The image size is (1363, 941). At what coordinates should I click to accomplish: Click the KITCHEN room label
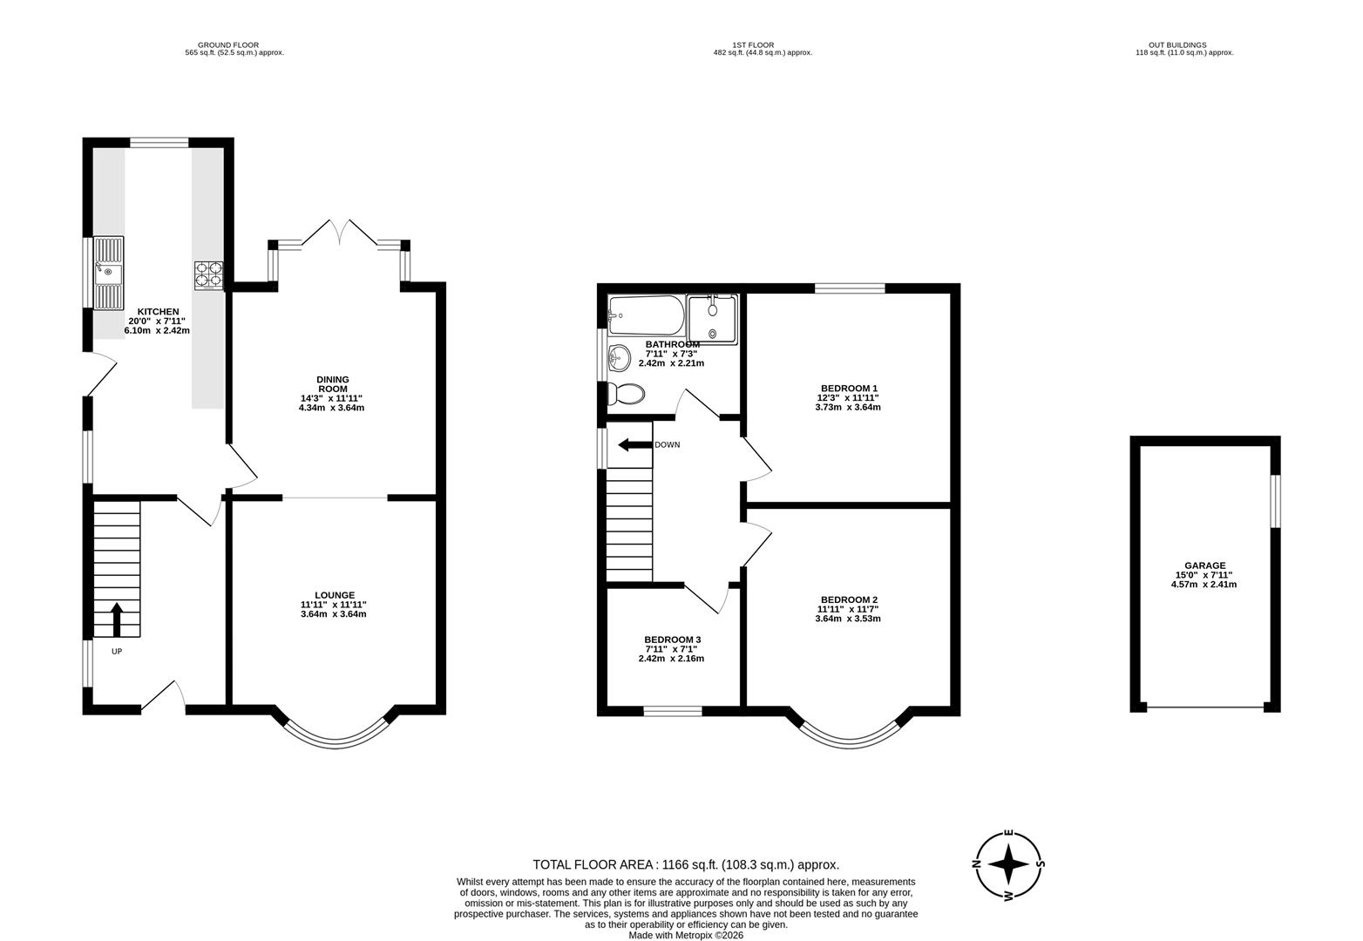point(157,312)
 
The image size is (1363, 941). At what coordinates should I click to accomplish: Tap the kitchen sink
point(109,273)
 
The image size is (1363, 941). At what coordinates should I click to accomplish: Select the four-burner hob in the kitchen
point(208,275)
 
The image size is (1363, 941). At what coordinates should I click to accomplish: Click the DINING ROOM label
point(332,384)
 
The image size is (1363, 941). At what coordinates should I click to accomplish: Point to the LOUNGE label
point(334,596)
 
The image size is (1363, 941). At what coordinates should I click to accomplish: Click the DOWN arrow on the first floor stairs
point(635,445)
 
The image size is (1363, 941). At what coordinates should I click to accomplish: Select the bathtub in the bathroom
point(646,315)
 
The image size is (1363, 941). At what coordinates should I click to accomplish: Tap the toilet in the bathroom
point(627,395)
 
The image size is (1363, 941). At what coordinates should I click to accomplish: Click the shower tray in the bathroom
point(712,317)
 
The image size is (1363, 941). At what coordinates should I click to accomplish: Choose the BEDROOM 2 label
point(849,600)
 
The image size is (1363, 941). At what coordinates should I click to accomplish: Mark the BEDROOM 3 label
point(672,640)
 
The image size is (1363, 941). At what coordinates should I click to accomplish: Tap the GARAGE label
point(1204,565)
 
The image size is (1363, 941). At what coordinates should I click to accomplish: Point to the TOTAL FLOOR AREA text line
point(686,864)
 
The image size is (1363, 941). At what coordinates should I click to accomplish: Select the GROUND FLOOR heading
point(227,45)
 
